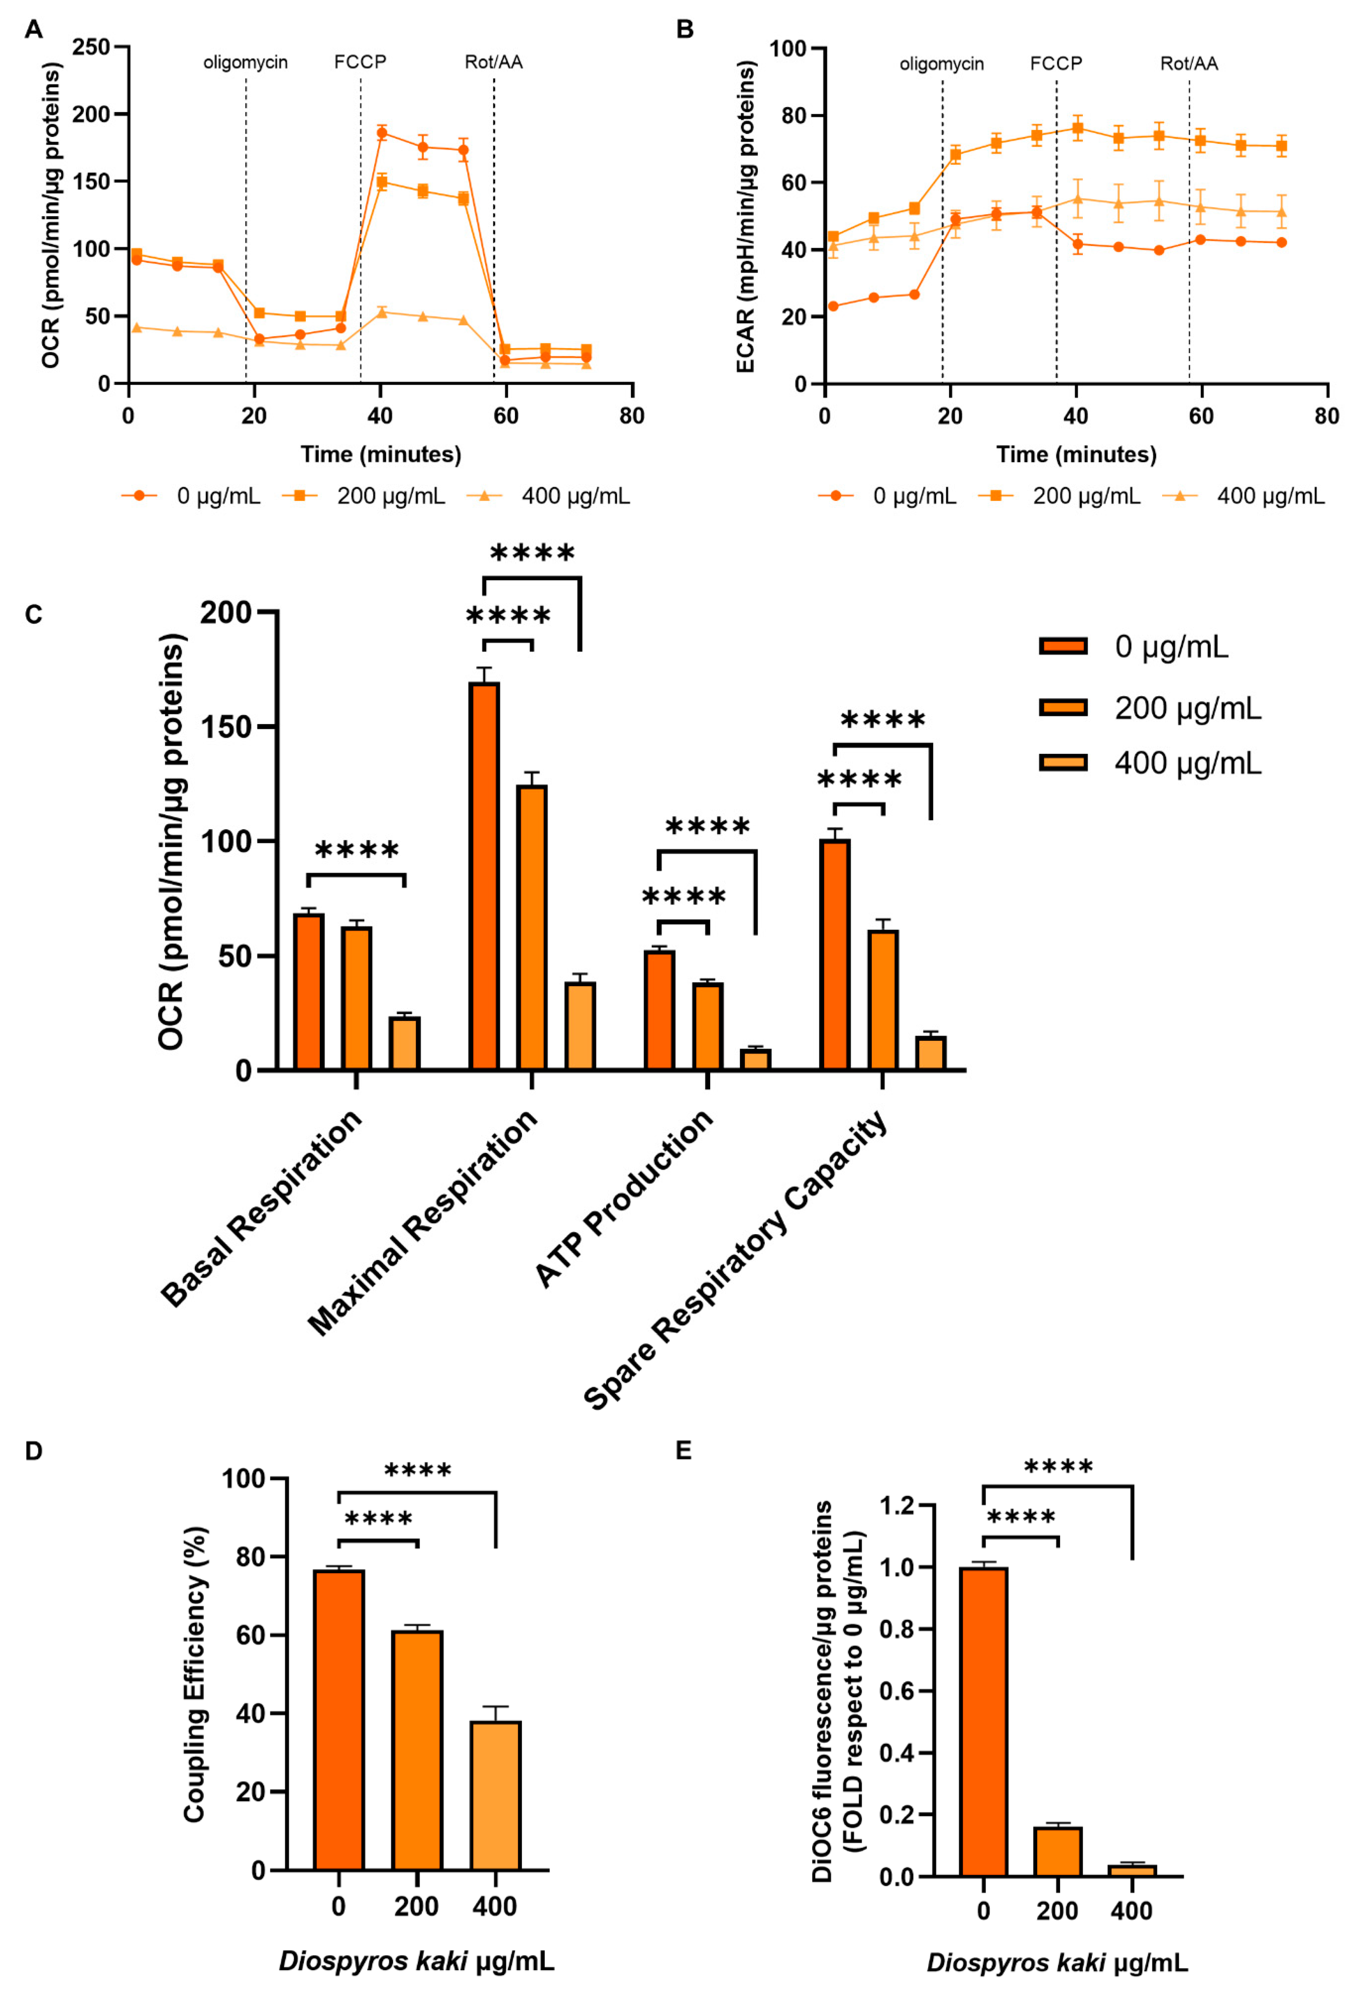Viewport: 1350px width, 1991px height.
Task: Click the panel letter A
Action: [33, 30]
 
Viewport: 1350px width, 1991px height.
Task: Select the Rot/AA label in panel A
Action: [493, 61]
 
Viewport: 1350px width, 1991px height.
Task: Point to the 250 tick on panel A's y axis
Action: [91, 47]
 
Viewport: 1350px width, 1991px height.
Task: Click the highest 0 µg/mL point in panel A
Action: [382, 133]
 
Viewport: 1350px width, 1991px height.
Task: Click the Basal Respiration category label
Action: [261, 1208]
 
